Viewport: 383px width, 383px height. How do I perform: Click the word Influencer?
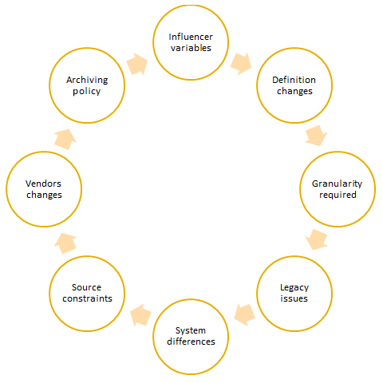(x=191, y=37)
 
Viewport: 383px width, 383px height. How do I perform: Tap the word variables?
(x=191, y=48)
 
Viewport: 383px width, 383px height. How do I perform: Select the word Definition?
(x=294, y=80)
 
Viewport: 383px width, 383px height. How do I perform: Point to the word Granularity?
(x=337, y=184)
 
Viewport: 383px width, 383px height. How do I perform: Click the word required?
(x=338, y=195)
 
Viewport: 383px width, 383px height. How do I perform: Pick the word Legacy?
(x=294, y=288)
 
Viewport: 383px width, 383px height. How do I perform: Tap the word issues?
(x=294, y=298)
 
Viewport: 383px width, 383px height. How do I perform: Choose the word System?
(x=191, y=331)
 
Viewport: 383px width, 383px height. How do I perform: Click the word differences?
(x=191, y=342)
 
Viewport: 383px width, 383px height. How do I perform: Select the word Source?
(x=86, y=287)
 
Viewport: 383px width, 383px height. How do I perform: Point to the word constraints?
(x=87, y=298)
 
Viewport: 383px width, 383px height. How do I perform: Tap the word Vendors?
(x=43, y=184)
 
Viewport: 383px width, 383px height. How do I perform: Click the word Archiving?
(x=87, y=81)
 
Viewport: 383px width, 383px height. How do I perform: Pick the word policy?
(x=87, y=92)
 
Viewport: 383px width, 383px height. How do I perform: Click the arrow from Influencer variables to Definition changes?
(x=241, y=64)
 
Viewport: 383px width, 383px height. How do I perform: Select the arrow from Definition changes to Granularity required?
(x=316, y=136)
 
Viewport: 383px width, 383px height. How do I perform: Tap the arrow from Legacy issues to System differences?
(x=245, y=315)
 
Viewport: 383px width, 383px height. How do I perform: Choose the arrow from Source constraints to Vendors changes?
(x=65, y=243)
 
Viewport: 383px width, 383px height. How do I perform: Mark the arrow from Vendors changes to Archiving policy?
(x=65, y=140)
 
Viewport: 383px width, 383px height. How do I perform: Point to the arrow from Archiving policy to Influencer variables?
(x=137, y=64)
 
